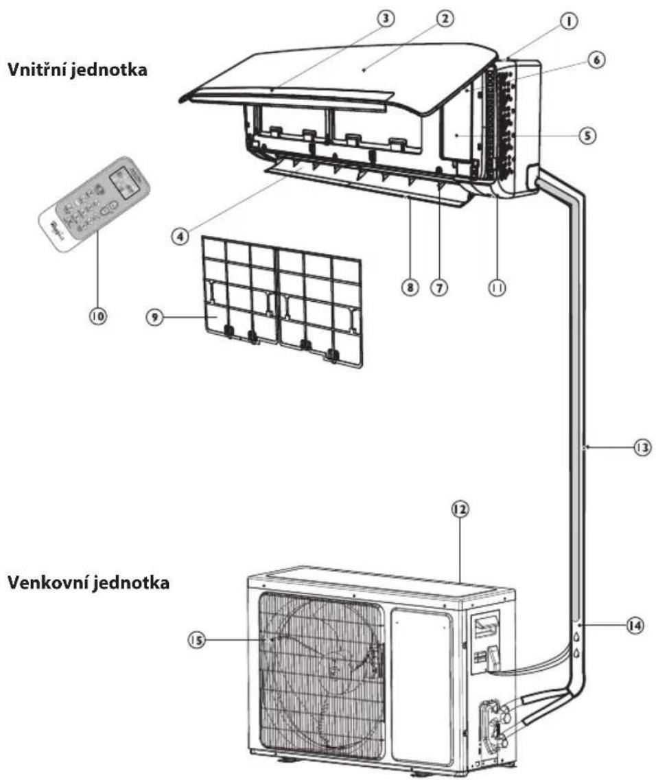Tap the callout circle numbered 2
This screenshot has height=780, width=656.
click(x=445, y=19)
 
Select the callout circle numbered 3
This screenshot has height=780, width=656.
click(x=388, y=19)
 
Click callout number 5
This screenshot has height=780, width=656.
click(x=585, y=135)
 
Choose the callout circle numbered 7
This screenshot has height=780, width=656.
click(x=436, y=288)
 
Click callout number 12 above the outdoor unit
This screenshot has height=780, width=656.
click(x=460, y=510)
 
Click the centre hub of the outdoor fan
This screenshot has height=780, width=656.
click(x=333, y=663)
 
